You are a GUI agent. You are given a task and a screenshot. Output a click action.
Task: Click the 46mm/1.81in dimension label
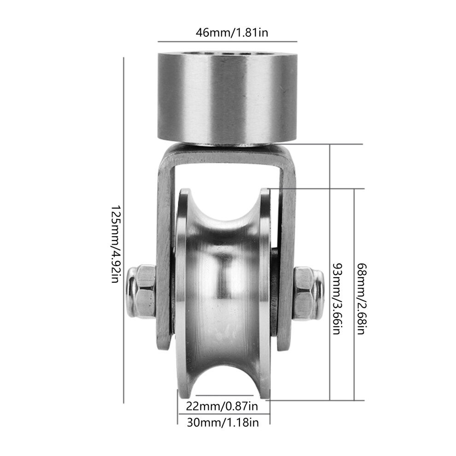232,32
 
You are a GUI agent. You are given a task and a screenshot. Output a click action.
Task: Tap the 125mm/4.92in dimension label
116,245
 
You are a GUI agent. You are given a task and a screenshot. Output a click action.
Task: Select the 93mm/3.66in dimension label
337,298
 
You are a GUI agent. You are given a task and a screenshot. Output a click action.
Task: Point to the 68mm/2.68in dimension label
362,298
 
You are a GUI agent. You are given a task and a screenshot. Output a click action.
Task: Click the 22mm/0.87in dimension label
222,406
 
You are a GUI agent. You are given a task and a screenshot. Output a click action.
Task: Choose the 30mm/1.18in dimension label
222,422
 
